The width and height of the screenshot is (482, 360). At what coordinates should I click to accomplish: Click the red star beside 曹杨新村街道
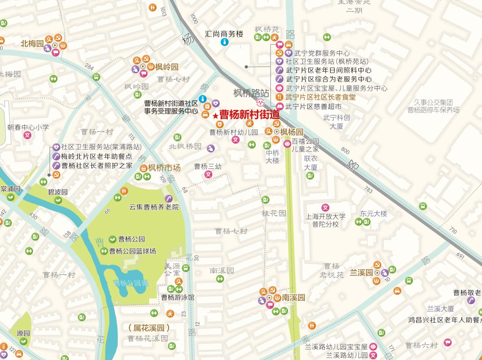215,116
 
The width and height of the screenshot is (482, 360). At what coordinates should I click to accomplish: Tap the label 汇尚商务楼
224,34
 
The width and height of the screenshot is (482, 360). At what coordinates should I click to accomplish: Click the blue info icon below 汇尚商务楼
225,42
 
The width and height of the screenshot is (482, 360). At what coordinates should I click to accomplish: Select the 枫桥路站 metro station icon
261,102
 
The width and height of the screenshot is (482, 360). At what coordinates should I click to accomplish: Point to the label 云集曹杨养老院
154,207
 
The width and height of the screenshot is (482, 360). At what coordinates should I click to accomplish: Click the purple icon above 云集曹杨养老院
169,198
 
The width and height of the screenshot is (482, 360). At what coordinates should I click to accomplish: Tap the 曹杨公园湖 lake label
131,283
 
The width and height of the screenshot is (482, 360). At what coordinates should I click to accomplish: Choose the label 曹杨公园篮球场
132,251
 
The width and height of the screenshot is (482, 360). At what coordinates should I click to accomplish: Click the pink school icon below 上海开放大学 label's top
325,208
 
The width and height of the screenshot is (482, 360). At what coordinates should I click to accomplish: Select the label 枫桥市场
164,168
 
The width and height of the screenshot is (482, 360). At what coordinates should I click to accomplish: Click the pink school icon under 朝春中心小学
28,135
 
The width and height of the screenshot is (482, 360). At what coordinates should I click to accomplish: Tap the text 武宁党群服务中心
322,53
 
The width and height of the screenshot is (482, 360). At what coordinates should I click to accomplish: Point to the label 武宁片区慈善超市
313,106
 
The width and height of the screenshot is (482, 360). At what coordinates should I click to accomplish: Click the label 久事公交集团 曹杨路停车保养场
433,106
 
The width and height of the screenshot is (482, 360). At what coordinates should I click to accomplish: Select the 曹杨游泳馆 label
178,297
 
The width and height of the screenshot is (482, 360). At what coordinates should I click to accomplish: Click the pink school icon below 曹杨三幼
208,174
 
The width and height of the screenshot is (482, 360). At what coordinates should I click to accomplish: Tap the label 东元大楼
374,214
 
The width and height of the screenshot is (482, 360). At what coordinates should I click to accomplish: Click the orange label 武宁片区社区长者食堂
321,97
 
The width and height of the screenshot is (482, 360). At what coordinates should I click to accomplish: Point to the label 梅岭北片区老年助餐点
97,156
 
